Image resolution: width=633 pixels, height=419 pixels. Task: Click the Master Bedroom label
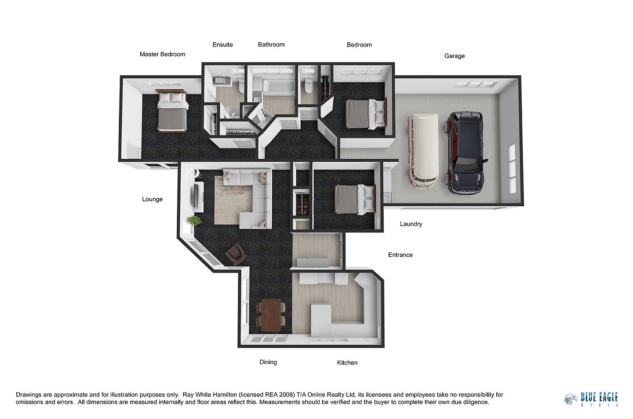click(162, 54)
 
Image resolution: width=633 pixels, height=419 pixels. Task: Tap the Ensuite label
click(223, 45)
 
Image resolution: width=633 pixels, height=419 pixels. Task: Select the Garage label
click(455, 56)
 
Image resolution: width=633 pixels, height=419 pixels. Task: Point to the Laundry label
click(411, 224)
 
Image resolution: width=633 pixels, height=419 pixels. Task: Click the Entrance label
click(400, 255)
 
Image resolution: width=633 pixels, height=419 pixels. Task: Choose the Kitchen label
click(347, 362)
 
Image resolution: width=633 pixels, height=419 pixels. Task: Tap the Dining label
click(268, 362)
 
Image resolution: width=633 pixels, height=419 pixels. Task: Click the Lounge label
click(152, 199)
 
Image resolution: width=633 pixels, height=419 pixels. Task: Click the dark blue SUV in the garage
click(466, 153)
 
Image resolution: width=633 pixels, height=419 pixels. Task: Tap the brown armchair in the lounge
click(236, 254)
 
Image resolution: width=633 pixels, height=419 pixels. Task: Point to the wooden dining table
click(271, 315)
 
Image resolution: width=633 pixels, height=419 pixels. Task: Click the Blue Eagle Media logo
click(591, 399)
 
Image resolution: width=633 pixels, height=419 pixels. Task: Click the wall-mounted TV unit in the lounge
click(198, 197)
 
